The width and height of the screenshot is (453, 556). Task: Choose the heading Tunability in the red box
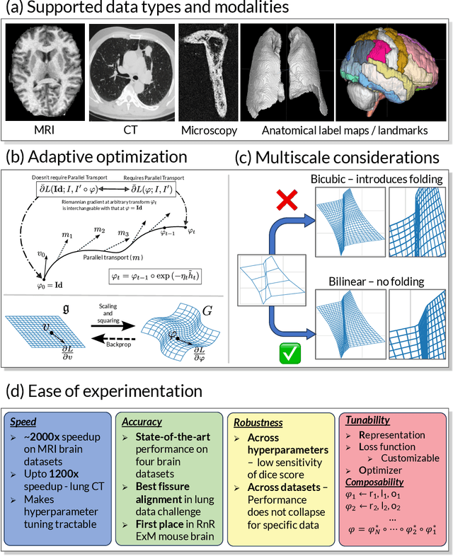[x=367, y=420]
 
